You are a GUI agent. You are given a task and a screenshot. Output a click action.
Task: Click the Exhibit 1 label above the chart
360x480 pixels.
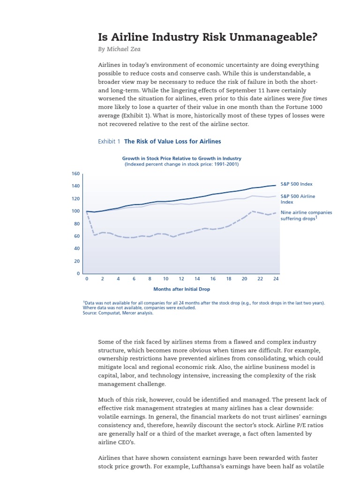click(109, 141)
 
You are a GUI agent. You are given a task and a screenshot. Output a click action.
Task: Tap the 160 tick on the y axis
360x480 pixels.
click(75, 173)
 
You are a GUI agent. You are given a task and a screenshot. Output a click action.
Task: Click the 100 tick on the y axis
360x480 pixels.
click(75, 211)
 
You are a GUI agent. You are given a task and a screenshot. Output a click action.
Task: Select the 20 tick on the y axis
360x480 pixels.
click(77, 261)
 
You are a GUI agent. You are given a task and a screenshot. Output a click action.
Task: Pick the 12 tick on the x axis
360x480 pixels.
click(181, 278)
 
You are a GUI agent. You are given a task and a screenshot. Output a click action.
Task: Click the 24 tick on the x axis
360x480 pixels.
click(276, 278)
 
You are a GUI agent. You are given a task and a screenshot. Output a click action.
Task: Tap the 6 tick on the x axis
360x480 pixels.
click(134, 278)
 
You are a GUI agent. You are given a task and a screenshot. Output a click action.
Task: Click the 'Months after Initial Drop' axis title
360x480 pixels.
click(181, 289)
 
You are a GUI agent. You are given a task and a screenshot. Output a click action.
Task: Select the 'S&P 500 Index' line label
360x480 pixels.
click(296, 184)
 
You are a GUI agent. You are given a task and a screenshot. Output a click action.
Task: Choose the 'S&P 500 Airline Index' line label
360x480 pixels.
click(297, 199)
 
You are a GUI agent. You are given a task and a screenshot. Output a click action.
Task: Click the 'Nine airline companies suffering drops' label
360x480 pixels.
click(306, 215)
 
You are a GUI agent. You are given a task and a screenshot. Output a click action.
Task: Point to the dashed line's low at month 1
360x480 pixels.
click(95, 235)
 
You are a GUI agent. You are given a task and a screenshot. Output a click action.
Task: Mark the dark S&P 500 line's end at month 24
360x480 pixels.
click(276, 185)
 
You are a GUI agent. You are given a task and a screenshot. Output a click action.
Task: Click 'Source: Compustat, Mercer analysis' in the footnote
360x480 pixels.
click(118, 313)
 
